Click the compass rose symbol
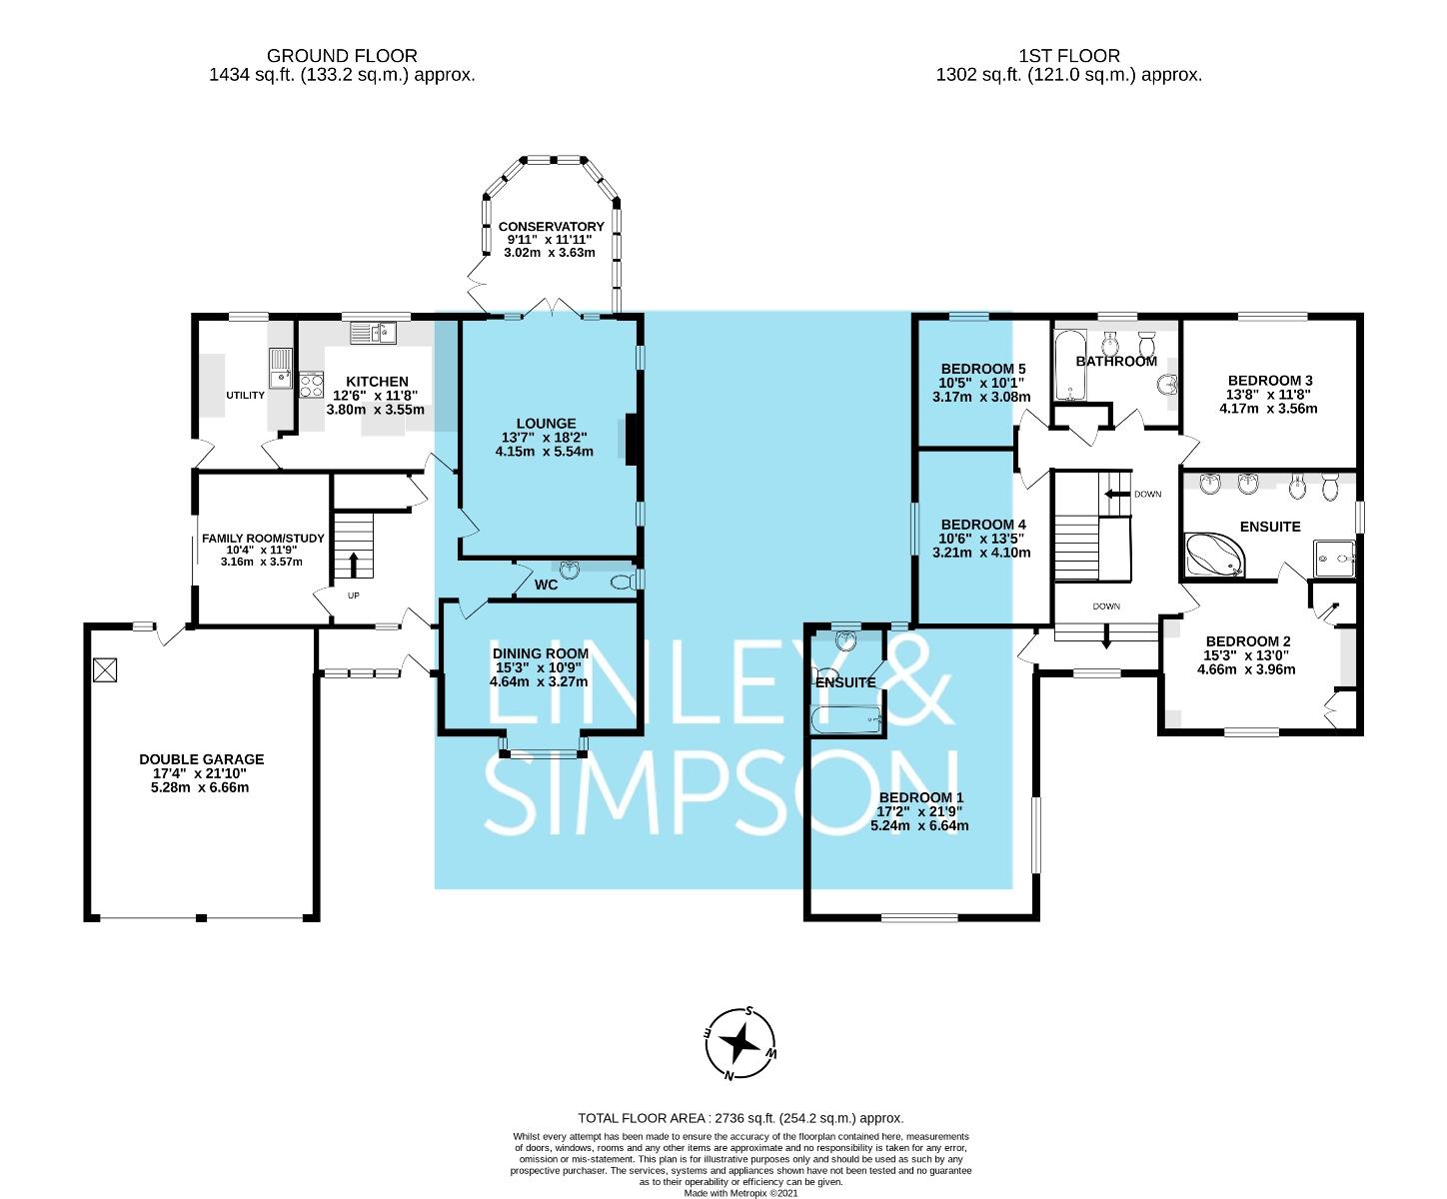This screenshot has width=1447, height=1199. (x=739, y=1042)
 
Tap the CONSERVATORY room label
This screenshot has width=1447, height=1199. (x=551, y=227)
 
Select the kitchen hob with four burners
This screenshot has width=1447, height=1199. (x=311, y=385)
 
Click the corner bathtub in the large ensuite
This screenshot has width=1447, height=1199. (x=1215, y=555)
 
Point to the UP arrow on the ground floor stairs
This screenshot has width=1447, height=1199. (x=354, y=565)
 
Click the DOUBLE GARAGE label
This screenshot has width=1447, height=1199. (x=202, y=759)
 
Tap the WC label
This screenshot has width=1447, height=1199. (x=546, y=585)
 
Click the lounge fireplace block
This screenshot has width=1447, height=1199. (x=632, y=440)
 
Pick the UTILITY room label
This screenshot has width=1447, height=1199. (x=245, y=395)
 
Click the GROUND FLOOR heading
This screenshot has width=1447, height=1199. (x=342, y=55)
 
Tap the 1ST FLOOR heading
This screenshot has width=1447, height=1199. (x=1068, y=55)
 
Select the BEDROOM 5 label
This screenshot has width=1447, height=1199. (x=982, y=369)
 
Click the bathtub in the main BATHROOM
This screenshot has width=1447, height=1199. (x=1070, y=366)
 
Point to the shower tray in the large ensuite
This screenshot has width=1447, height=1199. (x=1334, y=559)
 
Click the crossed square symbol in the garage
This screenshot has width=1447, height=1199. (x=105, y=670)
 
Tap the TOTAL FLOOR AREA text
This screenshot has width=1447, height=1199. (x=740, y=1118)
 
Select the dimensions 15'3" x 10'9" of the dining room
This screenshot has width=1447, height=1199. (x=539, y=667)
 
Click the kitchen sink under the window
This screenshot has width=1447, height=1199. (x=373, y=334)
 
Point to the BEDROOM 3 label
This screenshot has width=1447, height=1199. (x=1270, y=381)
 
